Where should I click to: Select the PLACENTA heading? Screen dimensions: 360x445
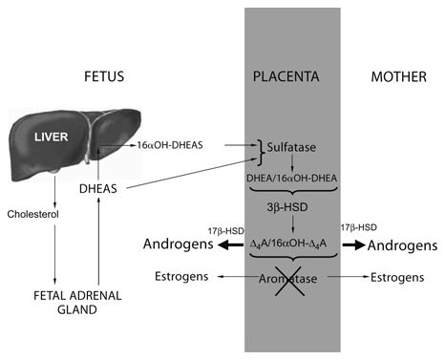291,75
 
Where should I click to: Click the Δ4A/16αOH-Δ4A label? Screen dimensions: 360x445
293,244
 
